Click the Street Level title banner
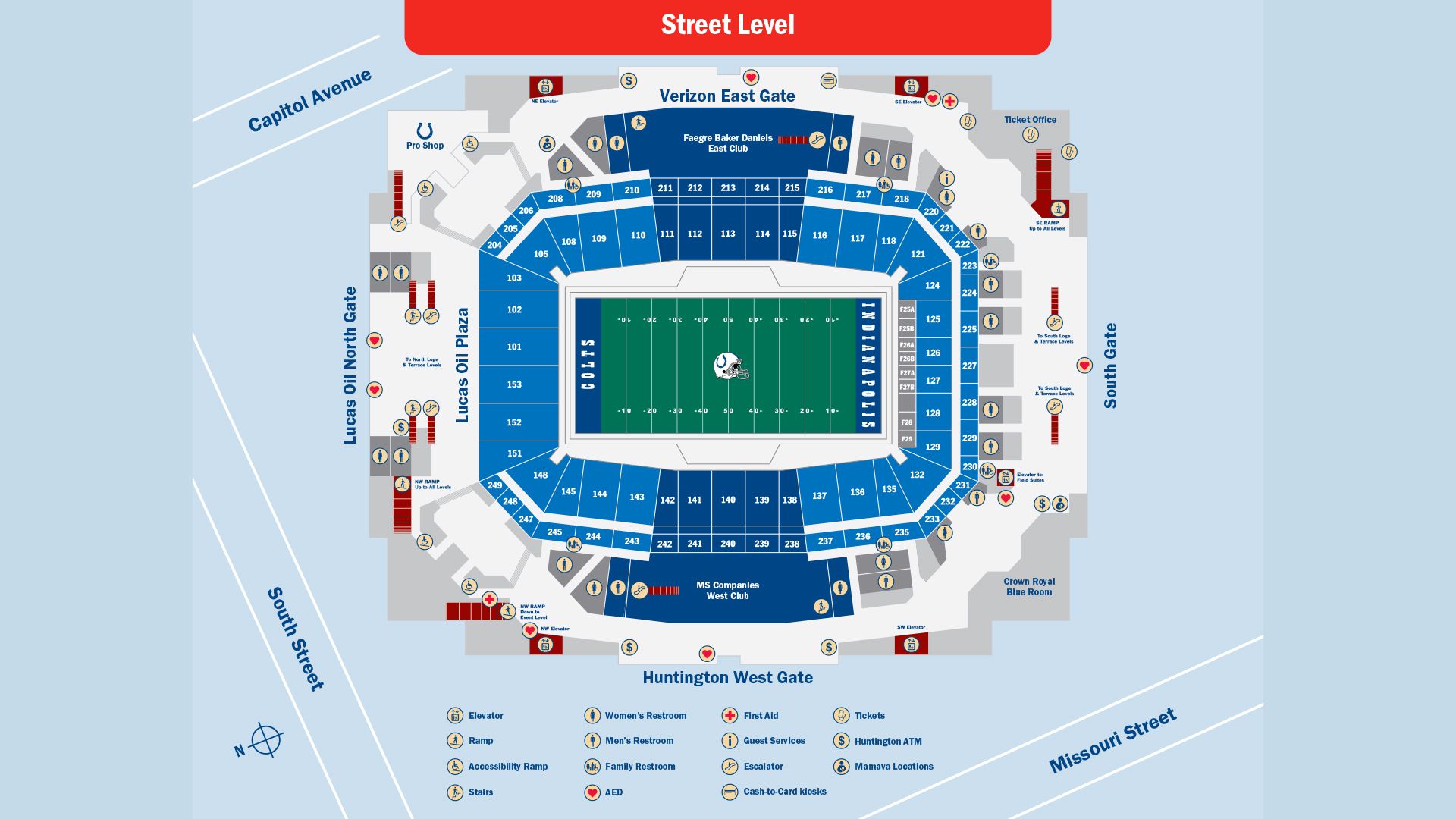click(727, 25)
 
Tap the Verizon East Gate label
click(726, 96)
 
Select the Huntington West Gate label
click(727, 677)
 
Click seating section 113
click(728, 234)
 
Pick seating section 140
click(728, 500)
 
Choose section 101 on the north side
click(514, 347)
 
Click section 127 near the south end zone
click(933, 381)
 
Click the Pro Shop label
click(425, 145)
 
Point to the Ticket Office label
click(1030, 120)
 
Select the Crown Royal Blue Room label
click(1029, 587)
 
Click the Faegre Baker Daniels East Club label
click(727, 143)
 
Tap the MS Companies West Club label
click(727, 590)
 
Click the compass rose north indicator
click(265, 740)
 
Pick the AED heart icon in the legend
click(592, 792)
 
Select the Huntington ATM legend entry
click(887, 741)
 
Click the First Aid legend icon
click(730, 715)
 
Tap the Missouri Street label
click(1112, 741)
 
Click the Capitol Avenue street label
click(309, 100)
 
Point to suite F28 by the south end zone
click(906, 422)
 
